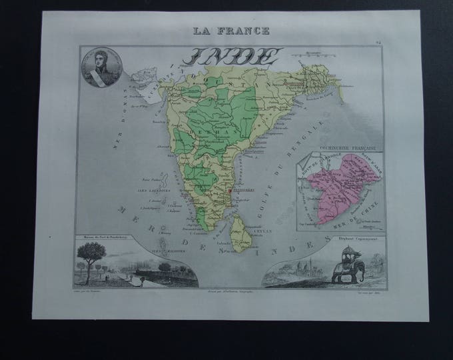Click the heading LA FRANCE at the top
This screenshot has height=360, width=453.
click(x=232, y=30)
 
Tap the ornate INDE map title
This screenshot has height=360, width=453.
click(x=234, y=56)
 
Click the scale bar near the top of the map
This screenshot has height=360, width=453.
click(x=317, y=53)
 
